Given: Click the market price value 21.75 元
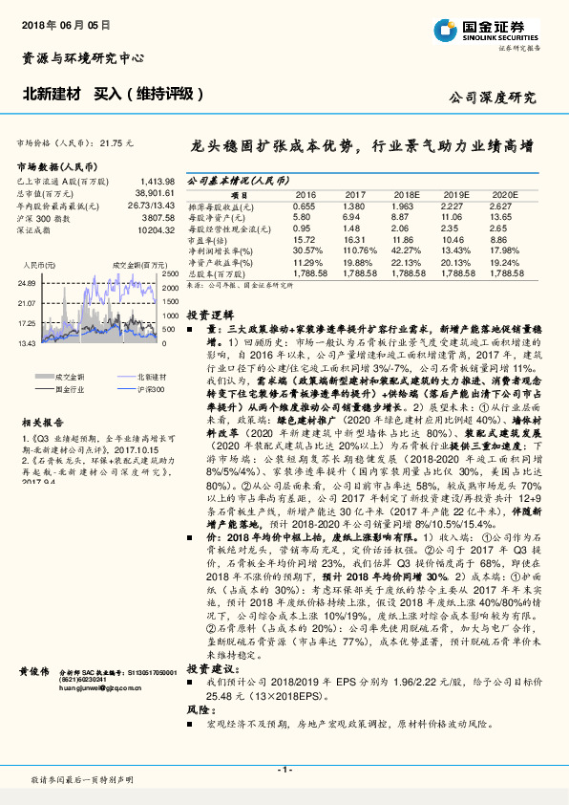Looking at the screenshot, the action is click(x=118, y=141).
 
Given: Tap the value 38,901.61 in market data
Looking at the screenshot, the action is click(x=153, y=192).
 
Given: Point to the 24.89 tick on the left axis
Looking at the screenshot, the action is click(x=27, y=284).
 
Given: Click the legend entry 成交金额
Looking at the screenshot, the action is click(x=67, y=378).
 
